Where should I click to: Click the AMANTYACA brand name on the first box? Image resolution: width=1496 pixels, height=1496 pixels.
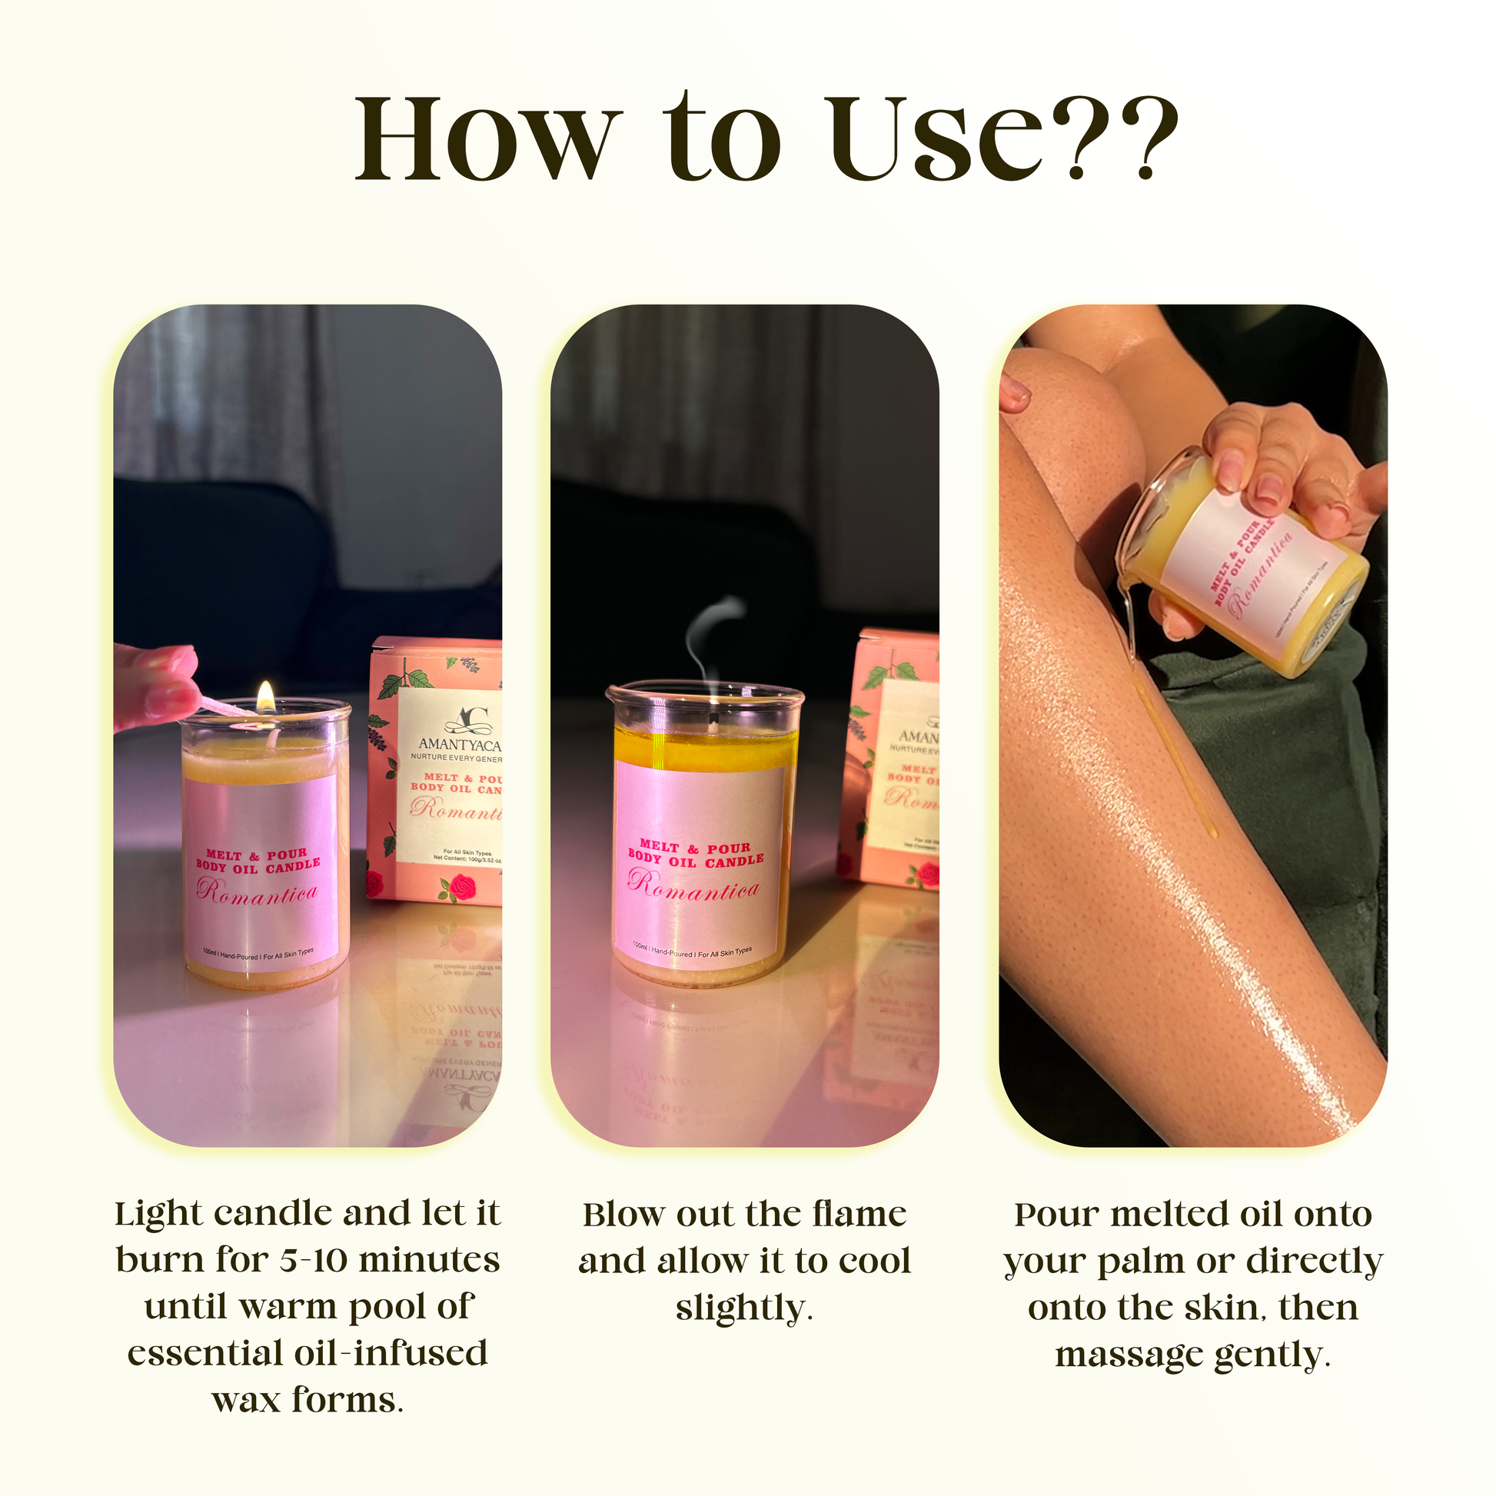tap(459, 745)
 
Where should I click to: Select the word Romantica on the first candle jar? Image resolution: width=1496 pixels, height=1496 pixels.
tap(257, 893)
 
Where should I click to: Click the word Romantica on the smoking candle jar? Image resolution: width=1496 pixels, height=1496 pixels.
tap(693, 886)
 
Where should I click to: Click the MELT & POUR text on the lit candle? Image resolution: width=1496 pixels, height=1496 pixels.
tap(256, 855)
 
